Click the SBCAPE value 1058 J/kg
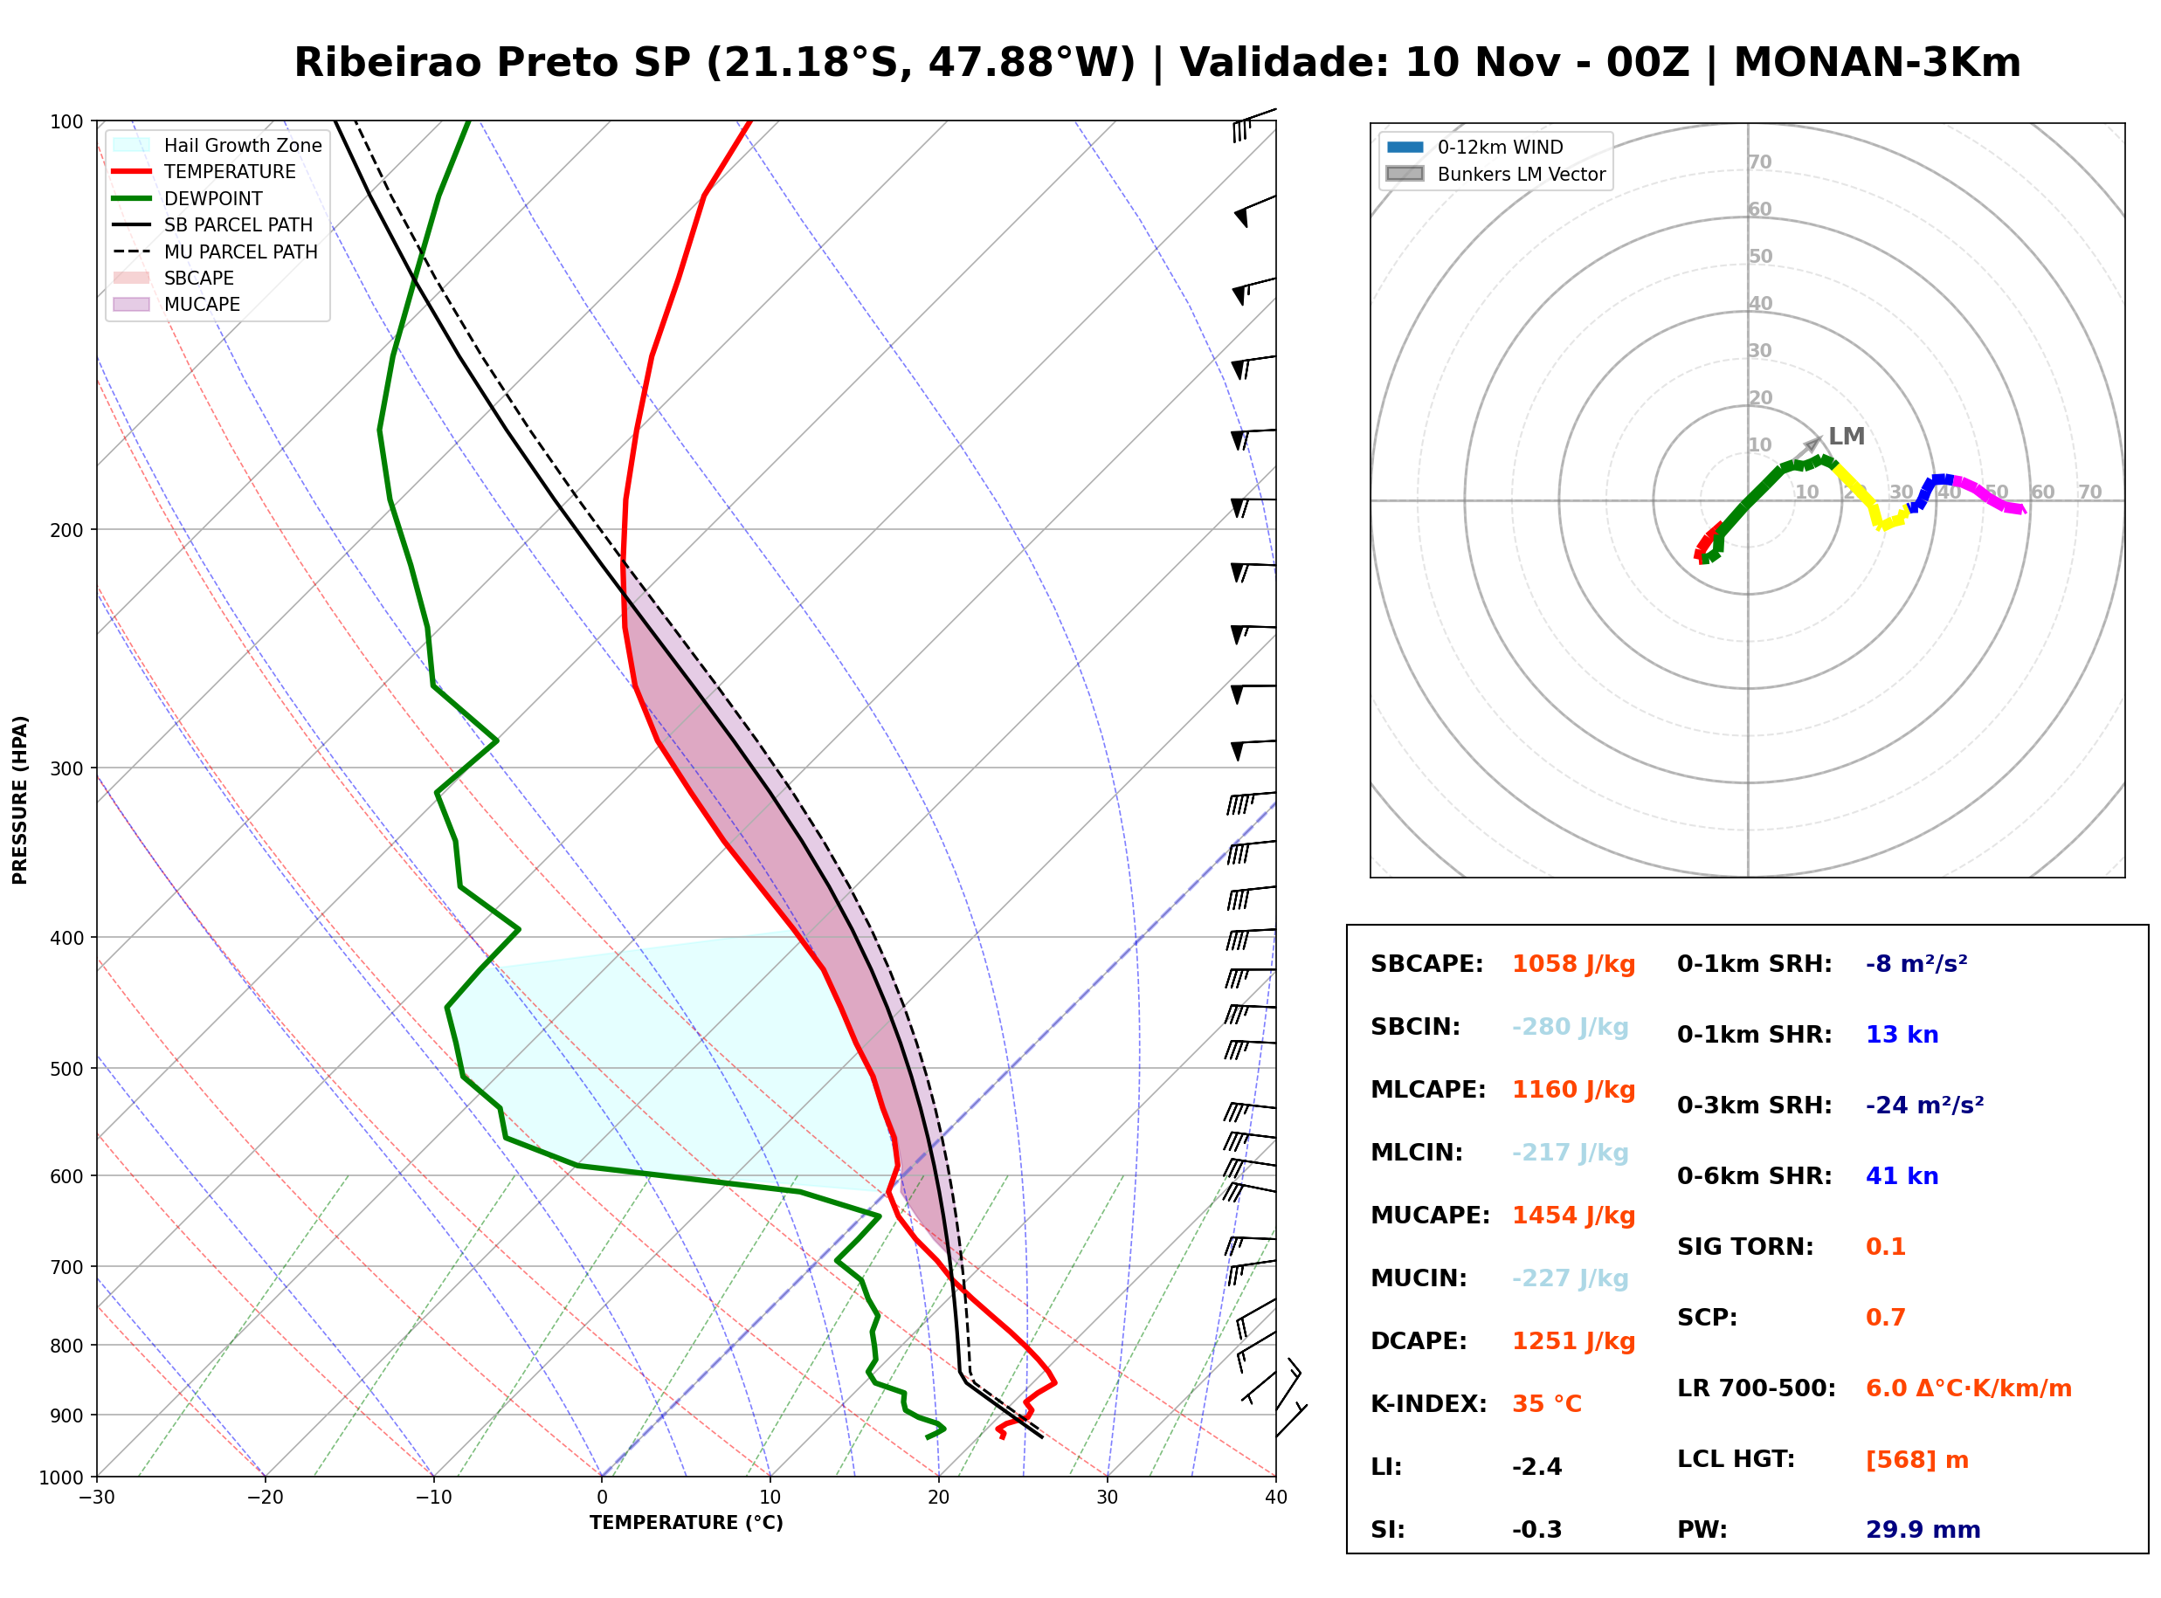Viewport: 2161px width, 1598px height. point(1574,964)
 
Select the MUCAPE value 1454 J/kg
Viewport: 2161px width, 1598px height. point(1574,1216)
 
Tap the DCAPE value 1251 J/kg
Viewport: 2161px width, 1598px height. point(1574,1341)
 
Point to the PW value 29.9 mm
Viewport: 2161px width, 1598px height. point(1923,1530)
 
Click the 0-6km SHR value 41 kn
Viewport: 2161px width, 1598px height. point(1902,1176)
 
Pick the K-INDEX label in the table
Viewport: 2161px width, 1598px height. point(1429,1404)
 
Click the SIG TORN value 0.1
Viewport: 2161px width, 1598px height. point(1885,1247)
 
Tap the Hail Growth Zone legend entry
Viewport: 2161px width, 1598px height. point(217,145)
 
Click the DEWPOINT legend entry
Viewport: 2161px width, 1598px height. point(188,198)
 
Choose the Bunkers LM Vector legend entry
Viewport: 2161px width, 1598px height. point(1495,174)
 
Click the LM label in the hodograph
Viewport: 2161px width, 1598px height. point(1847,437)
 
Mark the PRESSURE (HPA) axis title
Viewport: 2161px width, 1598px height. point(20,800)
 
